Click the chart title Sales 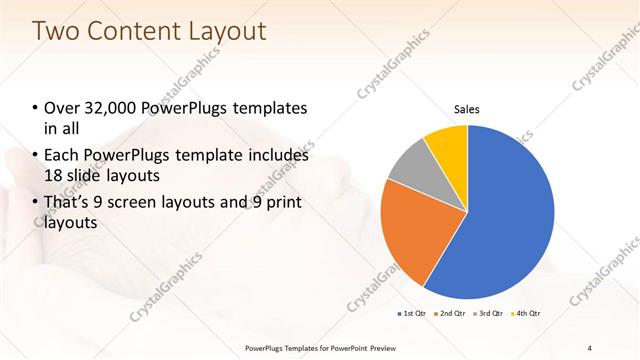tap(467, 108)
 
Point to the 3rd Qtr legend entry tap(490, 314)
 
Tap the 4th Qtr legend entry tap(527, 314)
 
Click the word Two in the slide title tap(58, 31)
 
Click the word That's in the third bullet tap(70, 203)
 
